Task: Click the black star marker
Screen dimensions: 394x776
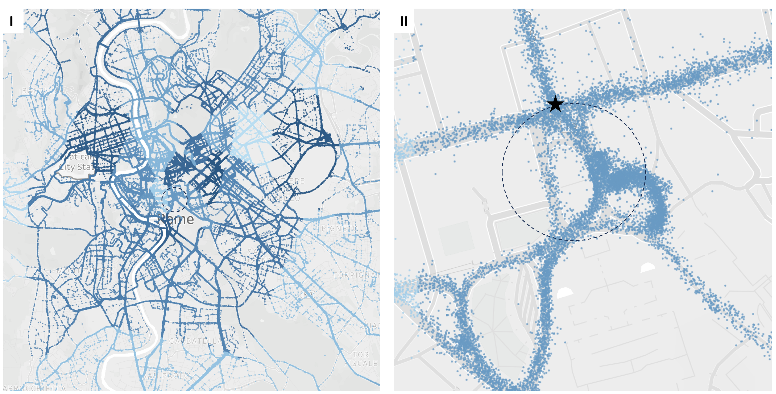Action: [555, 104]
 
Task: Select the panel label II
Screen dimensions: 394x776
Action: [404, 21]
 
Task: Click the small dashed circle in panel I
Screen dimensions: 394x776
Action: [175, 199]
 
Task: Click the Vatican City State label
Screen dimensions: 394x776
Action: [77, 162]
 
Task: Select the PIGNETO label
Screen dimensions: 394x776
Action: [339, 228]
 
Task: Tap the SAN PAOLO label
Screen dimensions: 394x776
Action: [166, 376]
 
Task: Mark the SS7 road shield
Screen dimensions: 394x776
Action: [308, 294]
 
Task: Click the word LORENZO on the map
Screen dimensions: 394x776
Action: [281, 198]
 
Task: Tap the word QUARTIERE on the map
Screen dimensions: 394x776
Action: [282, 181]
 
